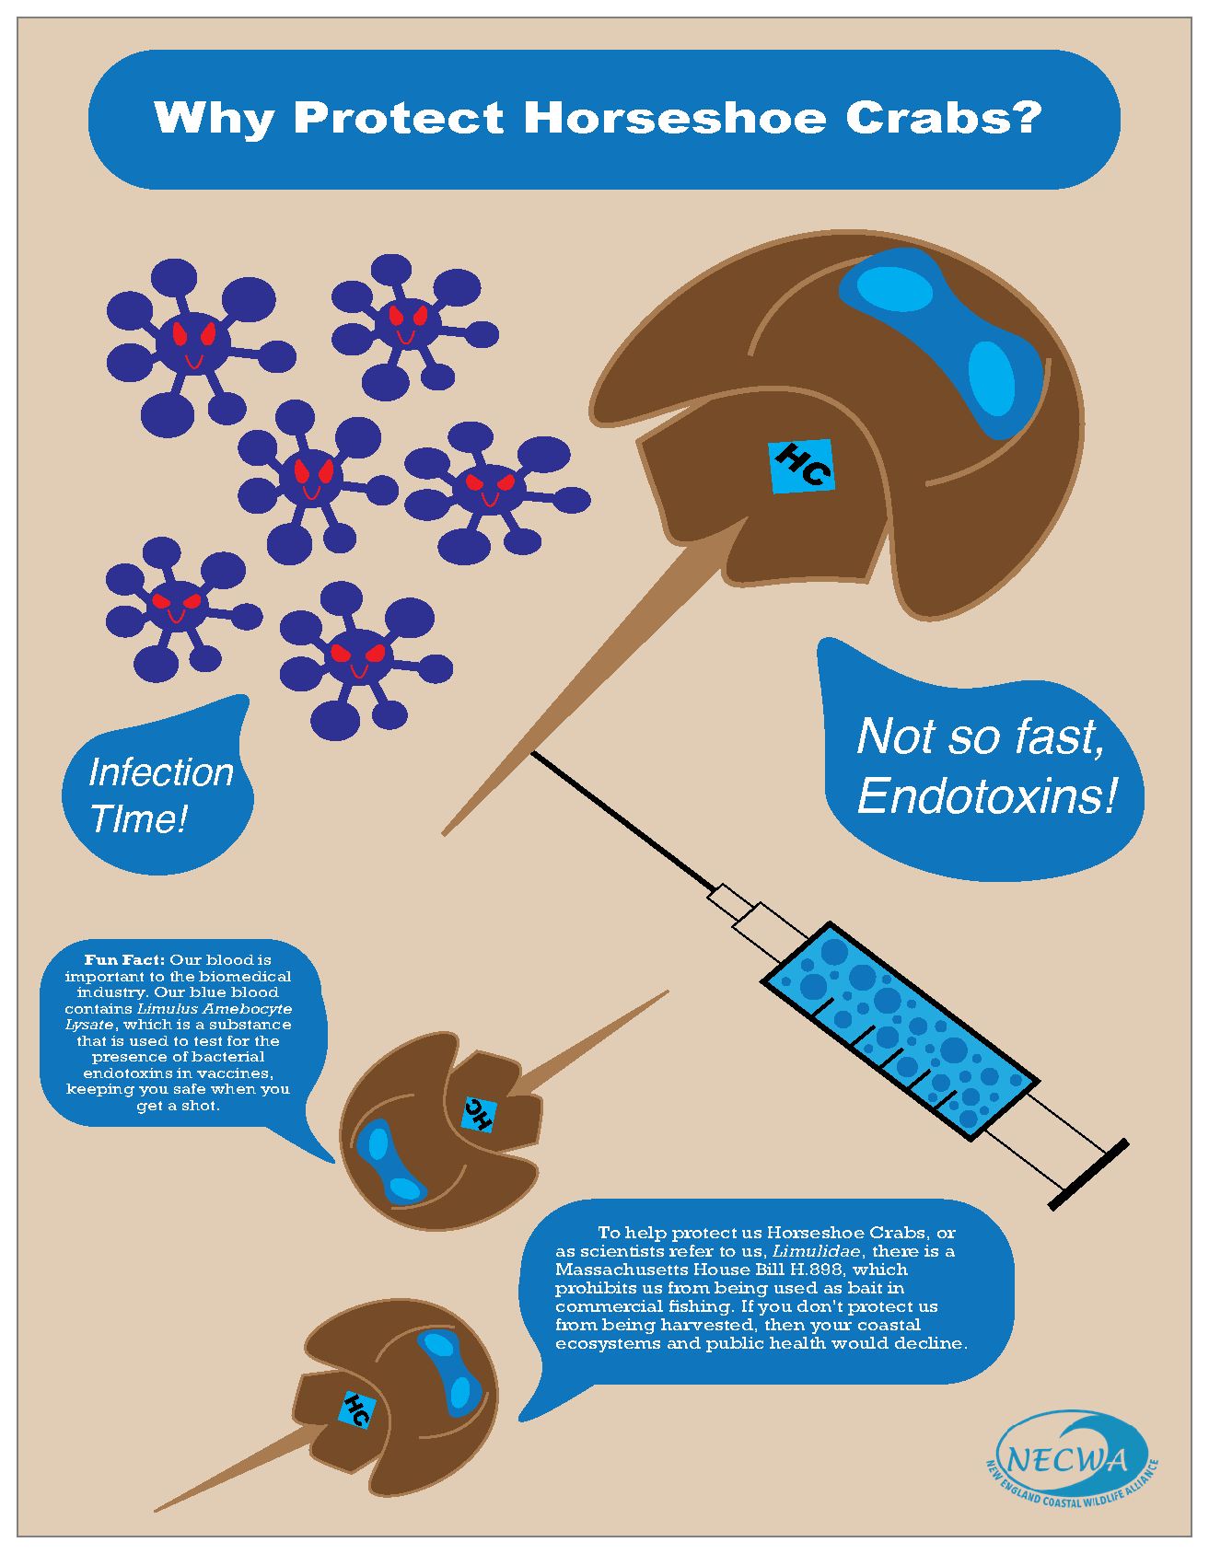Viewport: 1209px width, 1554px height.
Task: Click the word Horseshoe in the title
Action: [x=675, y=118]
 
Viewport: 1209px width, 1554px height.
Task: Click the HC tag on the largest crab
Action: [x=802, y=466]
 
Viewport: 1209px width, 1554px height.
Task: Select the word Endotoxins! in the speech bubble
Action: [x=987, y=795]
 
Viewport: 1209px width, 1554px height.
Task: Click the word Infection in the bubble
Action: [x=161, y=772]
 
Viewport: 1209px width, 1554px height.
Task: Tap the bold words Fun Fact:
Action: [x=124, y=960]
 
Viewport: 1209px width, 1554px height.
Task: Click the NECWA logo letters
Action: [x=1066, y=1459]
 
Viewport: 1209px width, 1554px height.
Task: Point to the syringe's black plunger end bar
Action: [x=1089, y=1174]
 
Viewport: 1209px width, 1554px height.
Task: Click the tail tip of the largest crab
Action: [x=447, y=831]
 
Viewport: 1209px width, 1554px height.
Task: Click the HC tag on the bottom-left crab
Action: [x=355, y=1409]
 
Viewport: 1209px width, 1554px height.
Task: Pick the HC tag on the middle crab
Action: [x=478, y=1114]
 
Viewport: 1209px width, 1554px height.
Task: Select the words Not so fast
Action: [x=981, y=736]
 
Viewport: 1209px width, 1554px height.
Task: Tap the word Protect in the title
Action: [x=399, y=118]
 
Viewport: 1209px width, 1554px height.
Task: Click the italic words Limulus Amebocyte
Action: [x=215, y=1009]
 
